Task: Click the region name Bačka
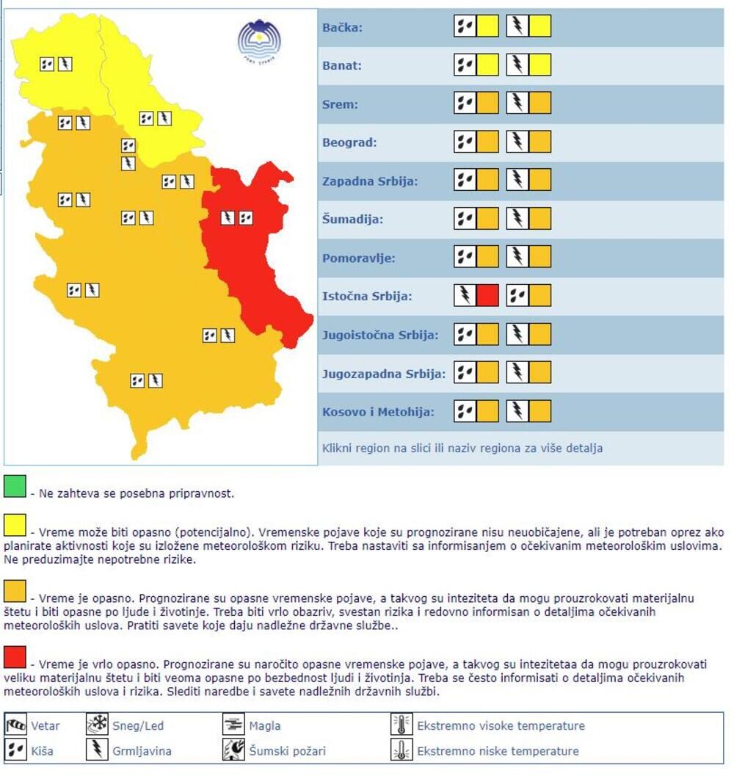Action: [342, 28]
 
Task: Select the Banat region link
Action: [341, 66]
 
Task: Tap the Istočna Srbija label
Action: [367, 297]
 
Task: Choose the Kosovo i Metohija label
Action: [378, 412]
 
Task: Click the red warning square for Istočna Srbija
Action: [487, 296]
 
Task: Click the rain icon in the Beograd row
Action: [465, 142]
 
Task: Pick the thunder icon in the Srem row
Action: [517, 104]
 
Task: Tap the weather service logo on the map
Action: [259, 38]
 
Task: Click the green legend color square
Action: [15, 486]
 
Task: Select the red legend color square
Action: [15, 656]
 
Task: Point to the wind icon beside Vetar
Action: [16, 725]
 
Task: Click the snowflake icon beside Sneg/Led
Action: [98, 725]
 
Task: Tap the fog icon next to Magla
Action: [233, 725]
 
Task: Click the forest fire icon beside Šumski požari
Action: [233, 750]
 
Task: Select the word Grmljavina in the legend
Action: [142, 751]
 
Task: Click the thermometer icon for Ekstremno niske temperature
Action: [401, 750]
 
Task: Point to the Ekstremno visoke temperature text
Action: [501, 726]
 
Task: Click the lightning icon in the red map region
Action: [228, 217]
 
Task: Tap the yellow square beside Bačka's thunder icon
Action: [540, 26]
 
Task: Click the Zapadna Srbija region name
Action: [370, 181]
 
